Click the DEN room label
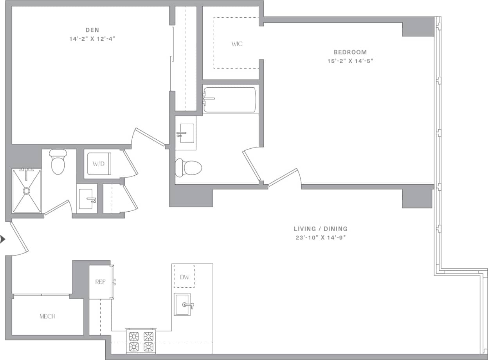(x=92, y=30)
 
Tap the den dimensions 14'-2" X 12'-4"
(x=92, y=39)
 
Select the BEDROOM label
(x=350, y=52)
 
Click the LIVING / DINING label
(x=321, y=229)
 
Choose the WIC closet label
(x=237, y=44)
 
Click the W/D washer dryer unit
(x=98, y=164)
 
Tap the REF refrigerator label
(x=101, y=282)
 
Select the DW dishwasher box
(x=184, y=277)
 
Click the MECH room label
(x=47, y=316)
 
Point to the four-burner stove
(x=141, y=341)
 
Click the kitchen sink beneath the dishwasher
(x=183, y=304)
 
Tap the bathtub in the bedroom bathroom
(x=230, y=100)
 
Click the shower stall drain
(x=26, y=191)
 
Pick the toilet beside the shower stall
(x=58, y=162)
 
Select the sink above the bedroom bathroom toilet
(x=186, y=133)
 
